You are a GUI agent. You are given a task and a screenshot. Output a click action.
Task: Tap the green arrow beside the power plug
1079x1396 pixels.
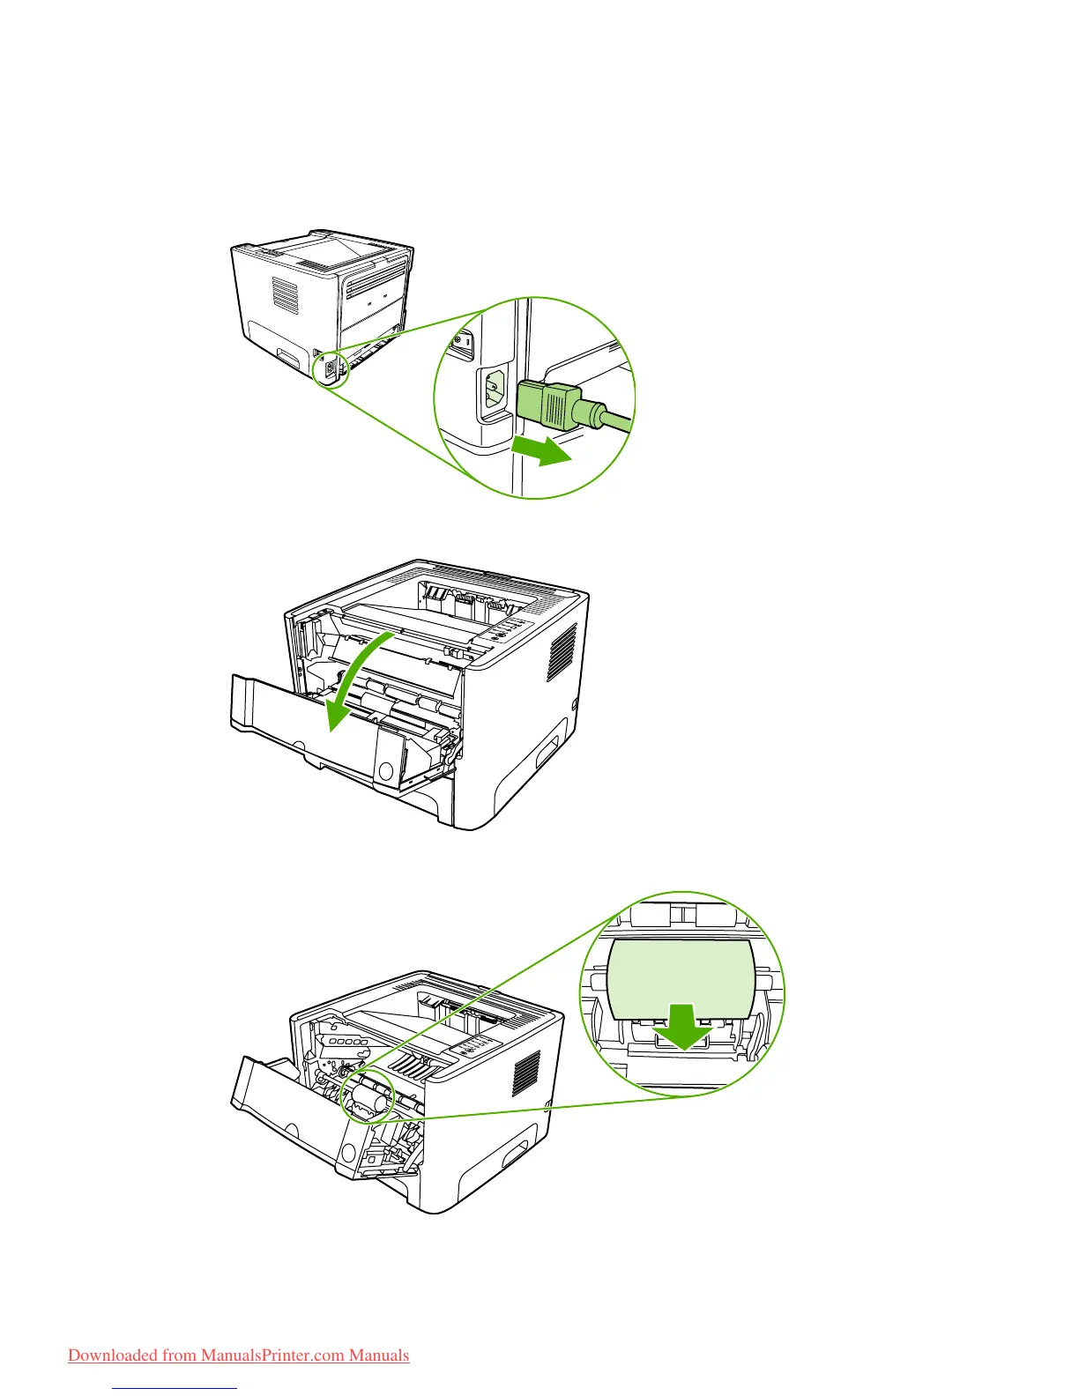coord(539,451)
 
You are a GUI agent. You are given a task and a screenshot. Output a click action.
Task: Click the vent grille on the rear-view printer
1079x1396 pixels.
coord(285,295)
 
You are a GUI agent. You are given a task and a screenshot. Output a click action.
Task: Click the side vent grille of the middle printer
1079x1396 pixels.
coord(562,652)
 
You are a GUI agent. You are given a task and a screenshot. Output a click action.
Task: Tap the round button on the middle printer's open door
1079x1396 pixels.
coord(386,769)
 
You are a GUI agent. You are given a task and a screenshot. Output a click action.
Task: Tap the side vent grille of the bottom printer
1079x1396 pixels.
coord(526,1073)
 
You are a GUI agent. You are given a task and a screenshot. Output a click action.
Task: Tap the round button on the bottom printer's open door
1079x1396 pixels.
coord(348,1152)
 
